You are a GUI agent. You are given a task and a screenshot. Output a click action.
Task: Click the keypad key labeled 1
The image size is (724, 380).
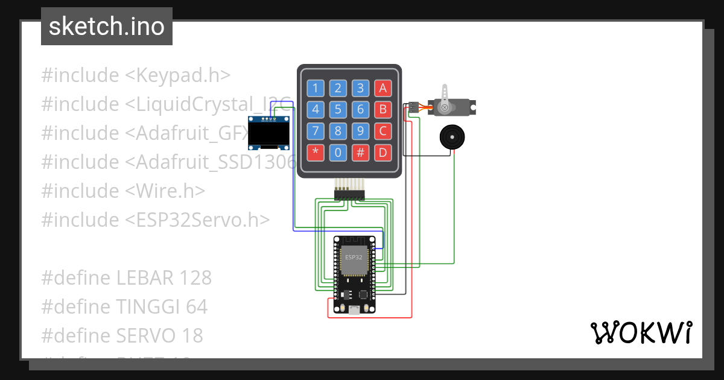(x=316, y=89)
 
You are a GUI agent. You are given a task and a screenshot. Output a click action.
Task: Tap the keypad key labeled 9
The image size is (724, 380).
(x=360, y=131)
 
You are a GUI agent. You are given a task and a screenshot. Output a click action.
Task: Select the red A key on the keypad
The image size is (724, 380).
(x=383, y=89)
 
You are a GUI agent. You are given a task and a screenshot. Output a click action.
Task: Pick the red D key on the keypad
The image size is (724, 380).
(x=383, y=152)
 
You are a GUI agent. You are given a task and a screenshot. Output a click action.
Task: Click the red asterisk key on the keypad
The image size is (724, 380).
(x=316, y=152)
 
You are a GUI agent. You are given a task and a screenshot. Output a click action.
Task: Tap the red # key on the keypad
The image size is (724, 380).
(x=360, y=152)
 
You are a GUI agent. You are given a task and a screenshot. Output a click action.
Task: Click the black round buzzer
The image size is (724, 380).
(x=451, y=137)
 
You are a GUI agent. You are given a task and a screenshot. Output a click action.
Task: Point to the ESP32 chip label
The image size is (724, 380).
(x=354, y=257)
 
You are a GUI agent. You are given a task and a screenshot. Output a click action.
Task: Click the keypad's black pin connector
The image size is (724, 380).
(x=349, y=194)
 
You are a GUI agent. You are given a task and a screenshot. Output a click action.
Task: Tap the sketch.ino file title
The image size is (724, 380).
(x=107, y=27)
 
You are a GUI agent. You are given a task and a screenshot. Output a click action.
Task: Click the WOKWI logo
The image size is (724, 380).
(x=641, y=332)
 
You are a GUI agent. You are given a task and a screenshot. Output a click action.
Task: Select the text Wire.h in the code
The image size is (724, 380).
(x=165, y=191)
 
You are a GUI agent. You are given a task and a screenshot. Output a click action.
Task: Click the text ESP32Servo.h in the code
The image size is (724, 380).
(x=197, y=220)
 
